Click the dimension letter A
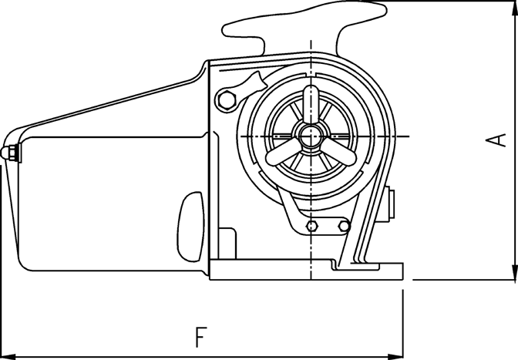496,140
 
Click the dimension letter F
200,337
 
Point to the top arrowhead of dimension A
514,8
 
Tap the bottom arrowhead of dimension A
514,272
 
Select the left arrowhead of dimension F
8,357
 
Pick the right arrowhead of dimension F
395,357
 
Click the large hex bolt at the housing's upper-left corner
227,99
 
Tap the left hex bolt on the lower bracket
312,226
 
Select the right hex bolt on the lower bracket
344,226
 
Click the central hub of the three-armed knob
311,136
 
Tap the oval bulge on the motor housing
190,227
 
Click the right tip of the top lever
385,10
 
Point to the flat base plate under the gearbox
306,270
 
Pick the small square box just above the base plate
227,243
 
